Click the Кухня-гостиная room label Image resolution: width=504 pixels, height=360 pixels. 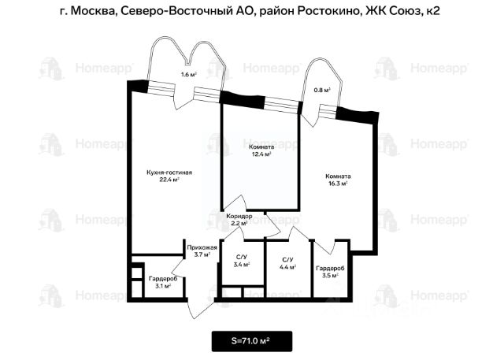[x=169, y=173]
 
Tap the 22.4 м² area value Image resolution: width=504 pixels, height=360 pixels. [x=169, y=180]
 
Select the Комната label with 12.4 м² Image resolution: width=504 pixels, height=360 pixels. [x=261, y=147]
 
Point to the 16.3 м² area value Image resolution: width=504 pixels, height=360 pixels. [x=338, y=184]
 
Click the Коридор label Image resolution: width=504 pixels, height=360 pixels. [x=239, y=216]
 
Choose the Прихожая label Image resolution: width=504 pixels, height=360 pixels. [x=202, y=247]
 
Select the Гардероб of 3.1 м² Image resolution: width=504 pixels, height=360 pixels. [x=163, y=279]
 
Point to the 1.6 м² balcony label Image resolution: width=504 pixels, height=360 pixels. [x=189, y=75]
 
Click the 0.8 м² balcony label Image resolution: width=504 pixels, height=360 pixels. [x=322, y=91]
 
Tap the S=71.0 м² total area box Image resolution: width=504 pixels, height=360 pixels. [x=252, y=341]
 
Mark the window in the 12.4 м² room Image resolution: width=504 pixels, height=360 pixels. [x=282, y=105]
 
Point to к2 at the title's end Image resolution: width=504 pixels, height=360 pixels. [x=432, y=11]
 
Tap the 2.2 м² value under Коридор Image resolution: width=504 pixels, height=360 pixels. [x=239, y=223]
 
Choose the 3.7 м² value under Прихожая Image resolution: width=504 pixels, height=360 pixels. [x=202, y=254]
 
